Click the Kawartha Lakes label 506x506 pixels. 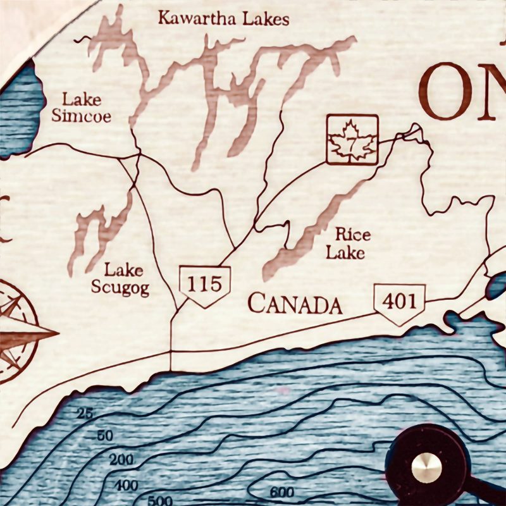[223, 18]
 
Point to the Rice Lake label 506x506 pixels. [346, 244]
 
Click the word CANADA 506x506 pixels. [295, 304]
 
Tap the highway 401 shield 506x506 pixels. [399, 302]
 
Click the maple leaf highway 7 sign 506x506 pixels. [352, 140]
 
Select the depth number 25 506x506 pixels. [84, 414]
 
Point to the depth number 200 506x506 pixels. [121, 460]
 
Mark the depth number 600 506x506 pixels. [281, 492]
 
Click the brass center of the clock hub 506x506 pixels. [426, 467]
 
